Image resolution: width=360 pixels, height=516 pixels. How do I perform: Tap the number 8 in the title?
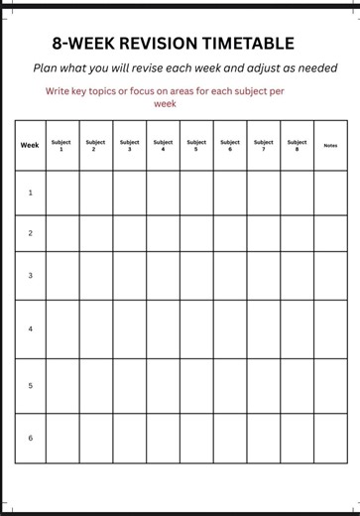(x=58, y=43)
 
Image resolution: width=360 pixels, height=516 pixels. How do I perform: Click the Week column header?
(x=30, y=145)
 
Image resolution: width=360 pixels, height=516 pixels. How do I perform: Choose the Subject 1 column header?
(x=61, y=145)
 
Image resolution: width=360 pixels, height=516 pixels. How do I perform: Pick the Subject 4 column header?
(x=163, y=145)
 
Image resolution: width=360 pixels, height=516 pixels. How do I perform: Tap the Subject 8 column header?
(x=297, y=145)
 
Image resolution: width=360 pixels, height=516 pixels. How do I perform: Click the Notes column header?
(x=330, y=145)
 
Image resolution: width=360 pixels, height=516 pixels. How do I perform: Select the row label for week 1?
(x=30, y=193)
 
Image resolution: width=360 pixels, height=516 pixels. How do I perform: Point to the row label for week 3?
(x=30, y=275)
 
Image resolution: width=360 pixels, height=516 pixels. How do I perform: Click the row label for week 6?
(x=30, y=438)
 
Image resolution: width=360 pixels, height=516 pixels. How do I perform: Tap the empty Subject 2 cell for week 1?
(x=95, y=193)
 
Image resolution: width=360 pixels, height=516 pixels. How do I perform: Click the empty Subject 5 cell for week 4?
(x=196, y=328)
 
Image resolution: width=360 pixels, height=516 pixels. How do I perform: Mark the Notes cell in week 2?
(x=330, y=233)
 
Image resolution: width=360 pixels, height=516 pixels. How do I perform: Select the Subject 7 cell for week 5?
(x=263, y=385)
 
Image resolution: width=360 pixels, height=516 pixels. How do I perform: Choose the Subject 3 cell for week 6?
(x=129, y=438)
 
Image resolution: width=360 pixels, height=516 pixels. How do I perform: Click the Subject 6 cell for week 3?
(x=229, y=275)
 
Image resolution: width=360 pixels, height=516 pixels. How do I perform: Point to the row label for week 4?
(x=30, y=328)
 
